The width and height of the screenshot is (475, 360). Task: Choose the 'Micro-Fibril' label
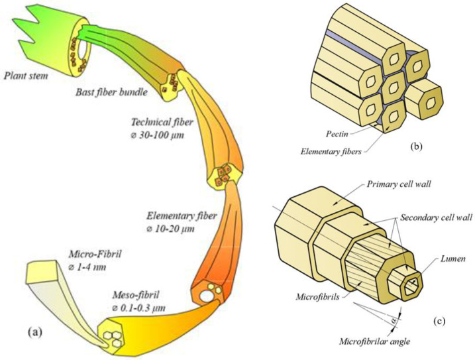(97, 251)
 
